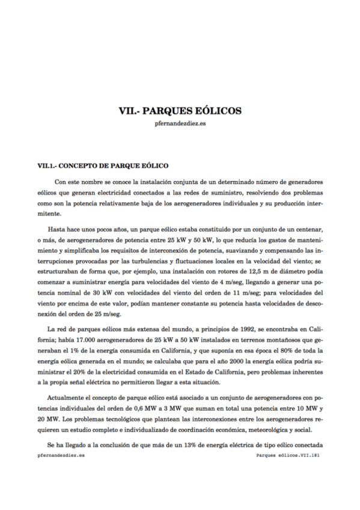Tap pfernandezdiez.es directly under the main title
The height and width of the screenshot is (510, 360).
click(x=180, y=124)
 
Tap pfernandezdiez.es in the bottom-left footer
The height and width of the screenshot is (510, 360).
click(x=61, y=456)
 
